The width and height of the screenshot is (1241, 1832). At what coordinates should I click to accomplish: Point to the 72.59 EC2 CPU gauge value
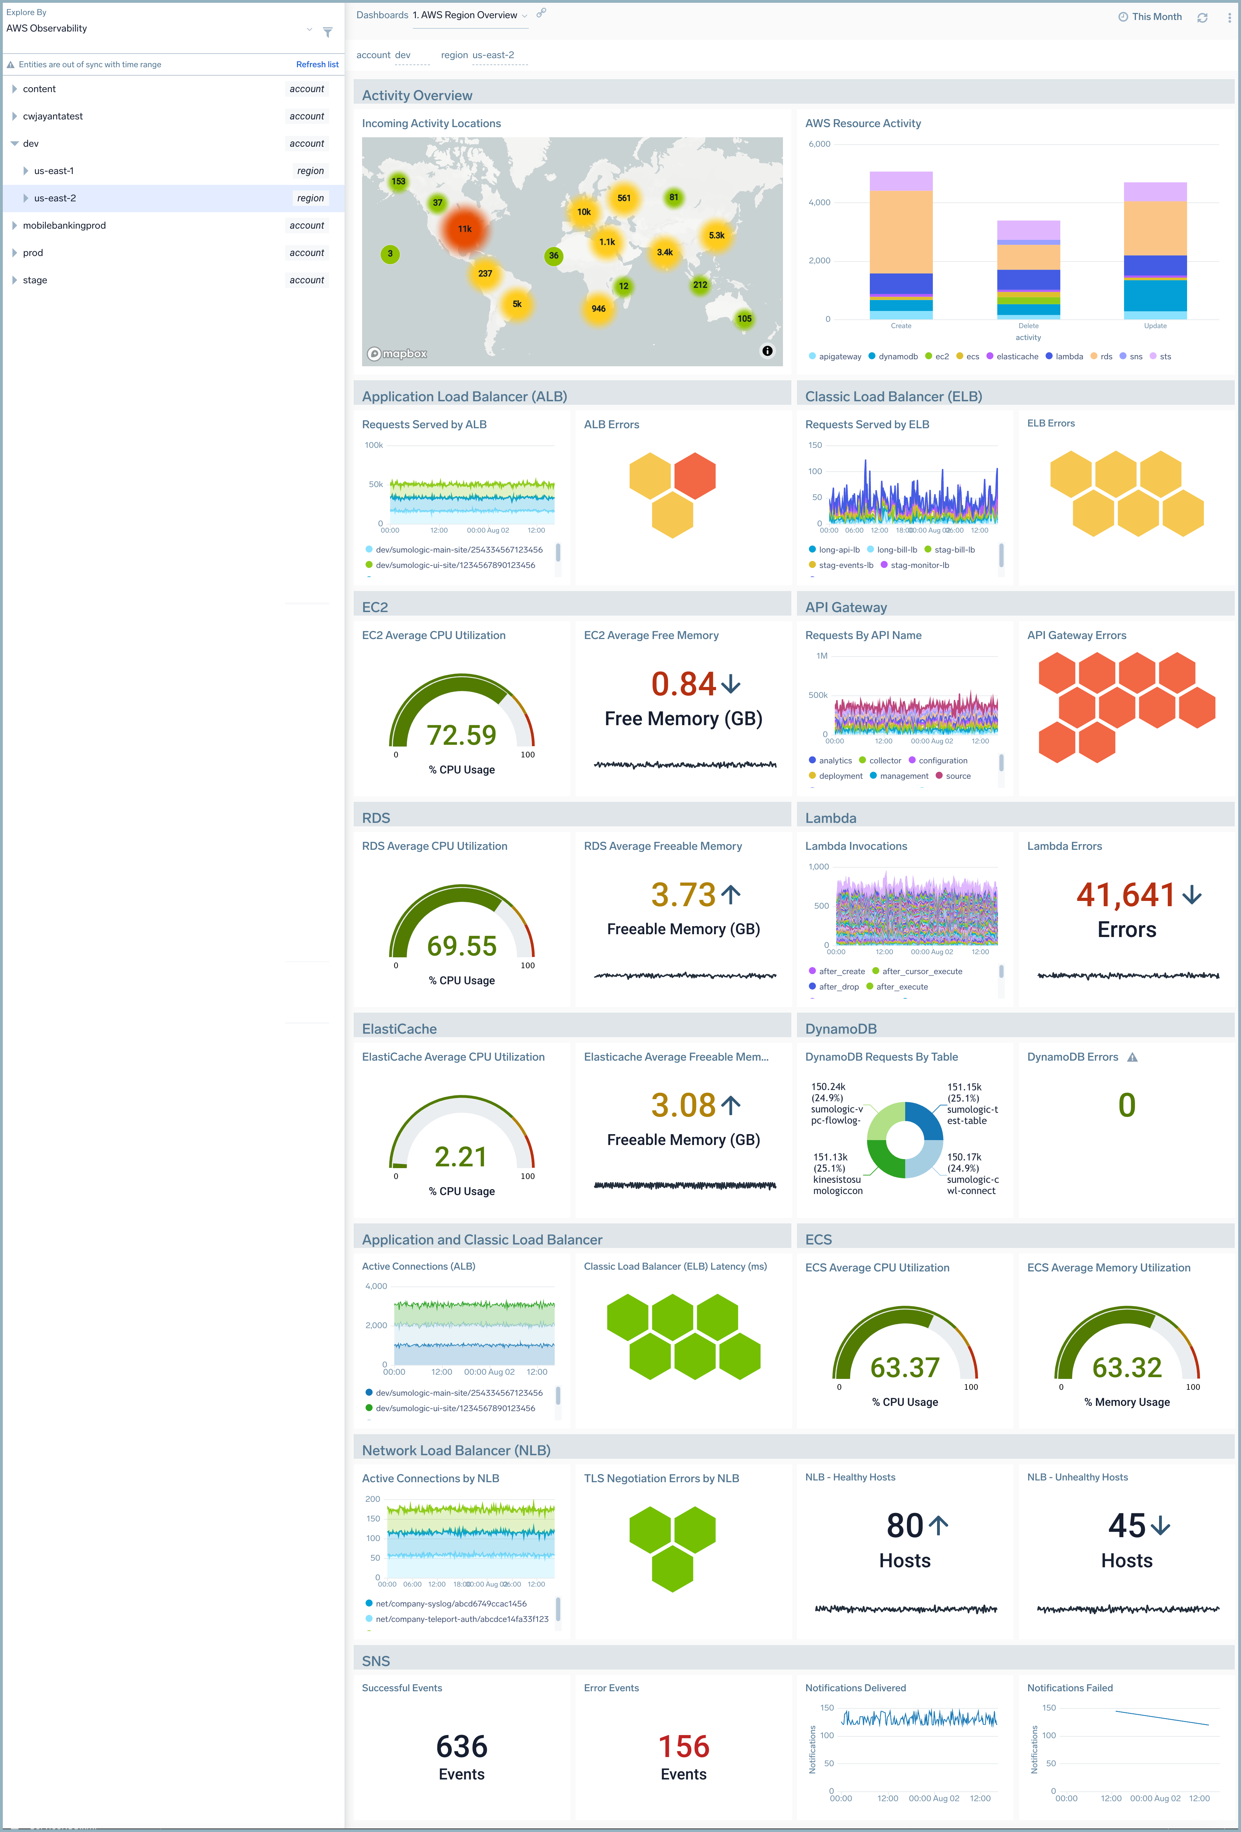461,735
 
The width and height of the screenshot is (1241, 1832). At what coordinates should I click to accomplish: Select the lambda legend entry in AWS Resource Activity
1068,356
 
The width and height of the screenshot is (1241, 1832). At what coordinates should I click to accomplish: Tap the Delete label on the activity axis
1028,326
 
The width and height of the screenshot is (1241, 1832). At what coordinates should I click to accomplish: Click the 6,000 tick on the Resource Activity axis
819,144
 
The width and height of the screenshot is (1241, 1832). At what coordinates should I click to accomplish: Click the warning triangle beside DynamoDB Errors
1132,1057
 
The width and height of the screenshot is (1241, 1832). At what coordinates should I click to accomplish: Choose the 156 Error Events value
684,1747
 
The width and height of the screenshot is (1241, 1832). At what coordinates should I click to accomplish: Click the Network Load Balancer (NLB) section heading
456,1450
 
